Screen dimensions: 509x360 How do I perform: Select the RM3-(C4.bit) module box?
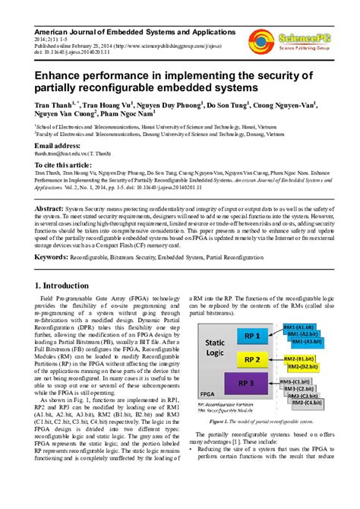[303, 402]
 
